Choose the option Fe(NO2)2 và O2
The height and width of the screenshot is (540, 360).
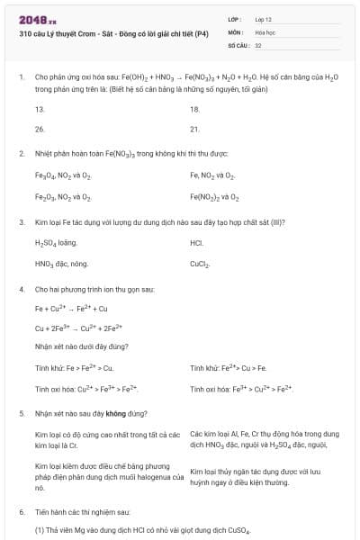(215, 195)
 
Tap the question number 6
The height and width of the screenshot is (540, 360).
(22, 511)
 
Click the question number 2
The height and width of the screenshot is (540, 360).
(22, 153)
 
